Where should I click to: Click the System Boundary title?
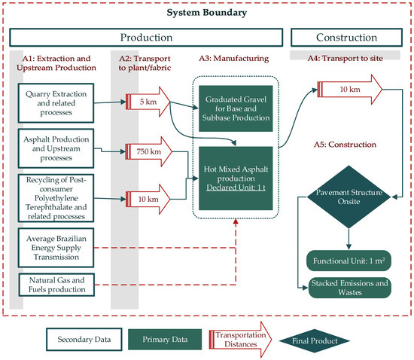coord(206,13)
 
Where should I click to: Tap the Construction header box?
coord(346,37)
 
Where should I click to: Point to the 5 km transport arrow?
coord(141,99)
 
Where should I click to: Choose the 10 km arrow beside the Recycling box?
coord(142,200)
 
